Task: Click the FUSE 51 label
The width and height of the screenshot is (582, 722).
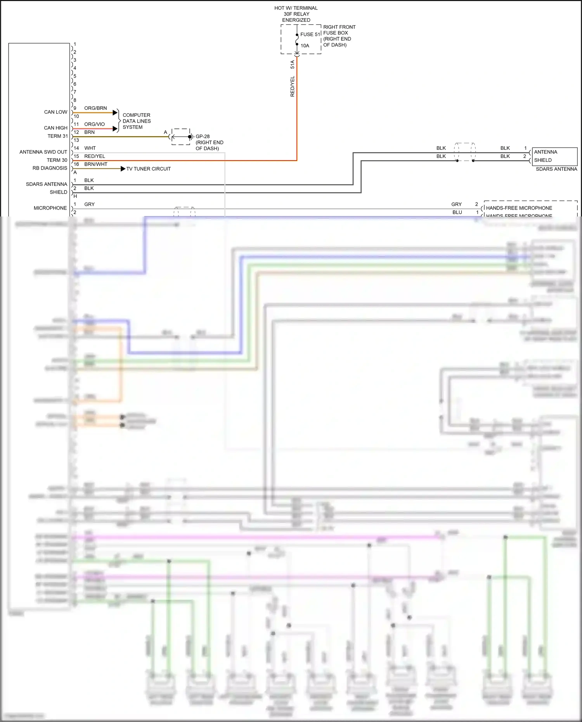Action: (310, 34)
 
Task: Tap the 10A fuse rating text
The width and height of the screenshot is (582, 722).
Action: (305, 46)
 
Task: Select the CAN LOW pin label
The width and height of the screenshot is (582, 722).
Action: (55, 112)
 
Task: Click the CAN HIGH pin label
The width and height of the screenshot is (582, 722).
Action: (55, 128)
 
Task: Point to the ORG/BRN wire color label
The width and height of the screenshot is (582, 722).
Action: (95, 108)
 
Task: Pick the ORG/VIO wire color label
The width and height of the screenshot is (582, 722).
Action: (94, 124)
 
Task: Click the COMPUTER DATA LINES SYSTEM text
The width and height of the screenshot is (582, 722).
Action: (136, 121)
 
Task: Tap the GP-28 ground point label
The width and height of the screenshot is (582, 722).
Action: (203, 137)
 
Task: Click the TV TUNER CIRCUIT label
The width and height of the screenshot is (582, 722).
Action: (148, 169)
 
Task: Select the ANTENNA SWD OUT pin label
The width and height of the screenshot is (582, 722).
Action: (43, 152)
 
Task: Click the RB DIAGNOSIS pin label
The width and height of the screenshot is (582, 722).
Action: (50, 168)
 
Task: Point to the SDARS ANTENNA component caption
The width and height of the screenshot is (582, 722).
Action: (556, 169)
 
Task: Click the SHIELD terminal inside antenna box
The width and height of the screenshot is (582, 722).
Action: (542, 160)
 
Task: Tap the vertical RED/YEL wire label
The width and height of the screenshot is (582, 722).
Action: (293, 86)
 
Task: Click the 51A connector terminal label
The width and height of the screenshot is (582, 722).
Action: (293, 64)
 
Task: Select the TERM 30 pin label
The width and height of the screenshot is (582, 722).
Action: (57, 160)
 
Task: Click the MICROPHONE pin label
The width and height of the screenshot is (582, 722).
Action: (50, 208)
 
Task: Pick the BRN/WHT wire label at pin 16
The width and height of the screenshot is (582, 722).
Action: (95, 164)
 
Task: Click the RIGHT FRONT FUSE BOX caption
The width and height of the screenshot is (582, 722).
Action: (339, 36)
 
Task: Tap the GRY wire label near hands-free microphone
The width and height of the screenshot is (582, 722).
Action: (456, 204)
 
